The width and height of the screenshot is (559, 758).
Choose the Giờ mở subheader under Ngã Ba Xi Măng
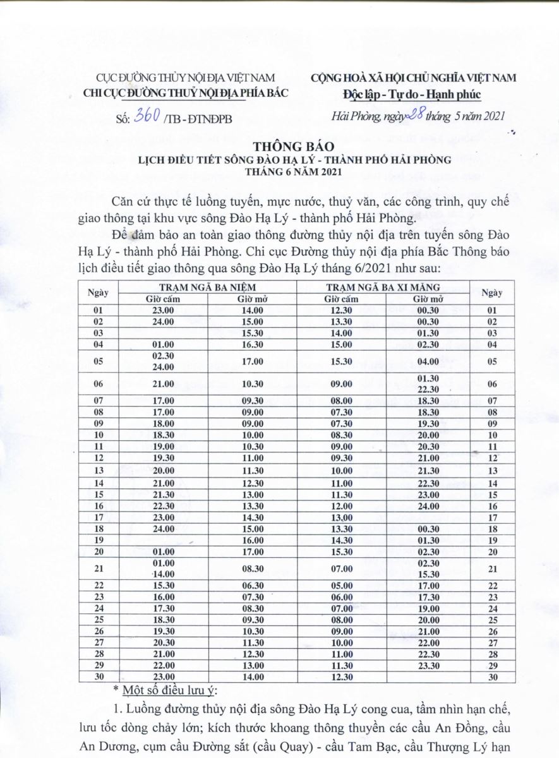point(428,299)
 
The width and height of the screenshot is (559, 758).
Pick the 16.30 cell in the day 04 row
point(252,344)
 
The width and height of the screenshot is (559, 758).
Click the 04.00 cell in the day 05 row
point(428,361)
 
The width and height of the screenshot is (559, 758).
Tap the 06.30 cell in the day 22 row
point(252,586)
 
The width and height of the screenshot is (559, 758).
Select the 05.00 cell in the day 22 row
point(342,586)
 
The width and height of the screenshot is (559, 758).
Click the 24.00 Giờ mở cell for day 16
point(428,506)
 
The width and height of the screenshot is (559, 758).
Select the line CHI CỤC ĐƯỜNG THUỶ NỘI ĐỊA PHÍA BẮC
point(186,93)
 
